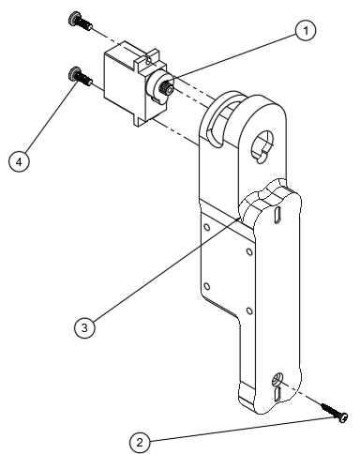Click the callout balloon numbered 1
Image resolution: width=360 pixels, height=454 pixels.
pyautogui.click(x=306, y=31)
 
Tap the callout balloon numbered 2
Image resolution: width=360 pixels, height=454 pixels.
pyautogui.click(x=140, y=443)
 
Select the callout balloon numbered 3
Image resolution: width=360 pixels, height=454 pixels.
pyautogui.click(x=84, y=328)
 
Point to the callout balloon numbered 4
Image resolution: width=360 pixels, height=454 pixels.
pyautogui.click(x=19, y=162)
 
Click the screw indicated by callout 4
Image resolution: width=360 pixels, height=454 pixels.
pyautogui.click(x=80, y=76)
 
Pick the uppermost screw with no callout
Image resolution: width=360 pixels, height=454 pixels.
pyautogui.click(x=80, y=21)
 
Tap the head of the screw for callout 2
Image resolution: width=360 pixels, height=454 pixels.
pyautogui.click(x=343, y=417)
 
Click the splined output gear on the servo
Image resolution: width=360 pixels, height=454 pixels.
pyautogui.click(x=167, y=85)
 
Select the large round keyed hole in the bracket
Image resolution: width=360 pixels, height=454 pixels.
pyautogui.click(x=262, y=145)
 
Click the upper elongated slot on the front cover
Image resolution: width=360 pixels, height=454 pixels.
pyautogui.click(x=277, y=215)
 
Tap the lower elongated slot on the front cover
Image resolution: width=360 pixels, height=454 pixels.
pyautogui.click(x=277, y=394)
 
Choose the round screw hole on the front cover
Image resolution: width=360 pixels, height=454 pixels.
pyautogui.click(x=277, y=379)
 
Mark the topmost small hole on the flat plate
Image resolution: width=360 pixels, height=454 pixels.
pyautogui.click(x=207, y=227)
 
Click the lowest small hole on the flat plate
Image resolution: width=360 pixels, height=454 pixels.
pyautogui.click(x=249, y=310)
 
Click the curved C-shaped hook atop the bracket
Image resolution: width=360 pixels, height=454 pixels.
pyautogui.click(x=217, y=119)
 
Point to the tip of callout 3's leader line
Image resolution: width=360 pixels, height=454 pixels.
pyautogui.click(x=239, y=219)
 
